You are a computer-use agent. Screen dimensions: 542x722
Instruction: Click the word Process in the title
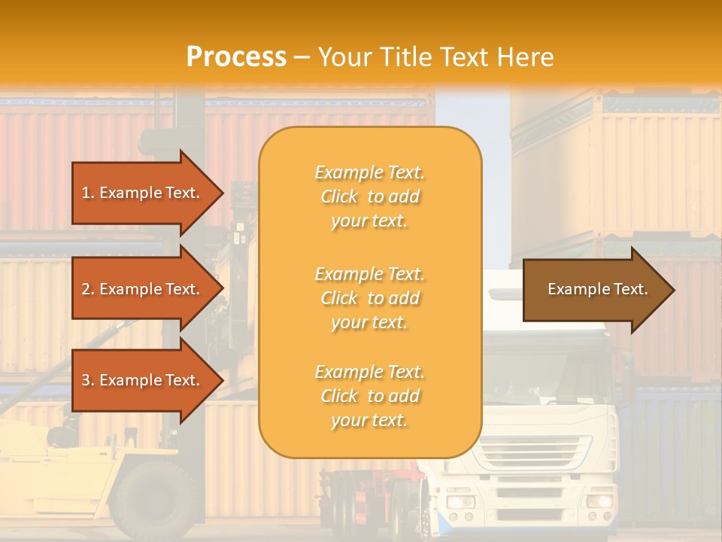[236, 57]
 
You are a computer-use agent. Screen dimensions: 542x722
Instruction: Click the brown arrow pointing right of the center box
[598, 290]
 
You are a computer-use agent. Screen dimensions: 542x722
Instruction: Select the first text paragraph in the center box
[369, 196]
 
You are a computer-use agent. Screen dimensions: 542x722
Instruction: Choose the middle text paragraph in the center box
[369, 298]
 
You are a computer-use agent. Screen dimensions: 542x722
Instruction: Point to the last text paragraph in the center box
[369, 396]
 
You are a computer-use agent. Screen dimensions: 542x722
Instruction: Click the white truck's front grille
[529, 452]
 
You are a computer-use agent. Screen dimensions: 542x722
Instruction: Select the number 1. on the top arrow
[88, 193]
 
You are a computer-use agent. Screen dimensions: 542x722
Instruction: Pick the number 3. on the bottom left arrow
[88, 380]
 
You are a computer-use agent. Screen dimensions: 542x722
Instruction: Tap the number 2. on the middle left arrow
[88, 289]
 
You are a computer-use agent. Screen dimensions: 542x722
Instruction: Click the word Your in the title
[344, 57]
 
